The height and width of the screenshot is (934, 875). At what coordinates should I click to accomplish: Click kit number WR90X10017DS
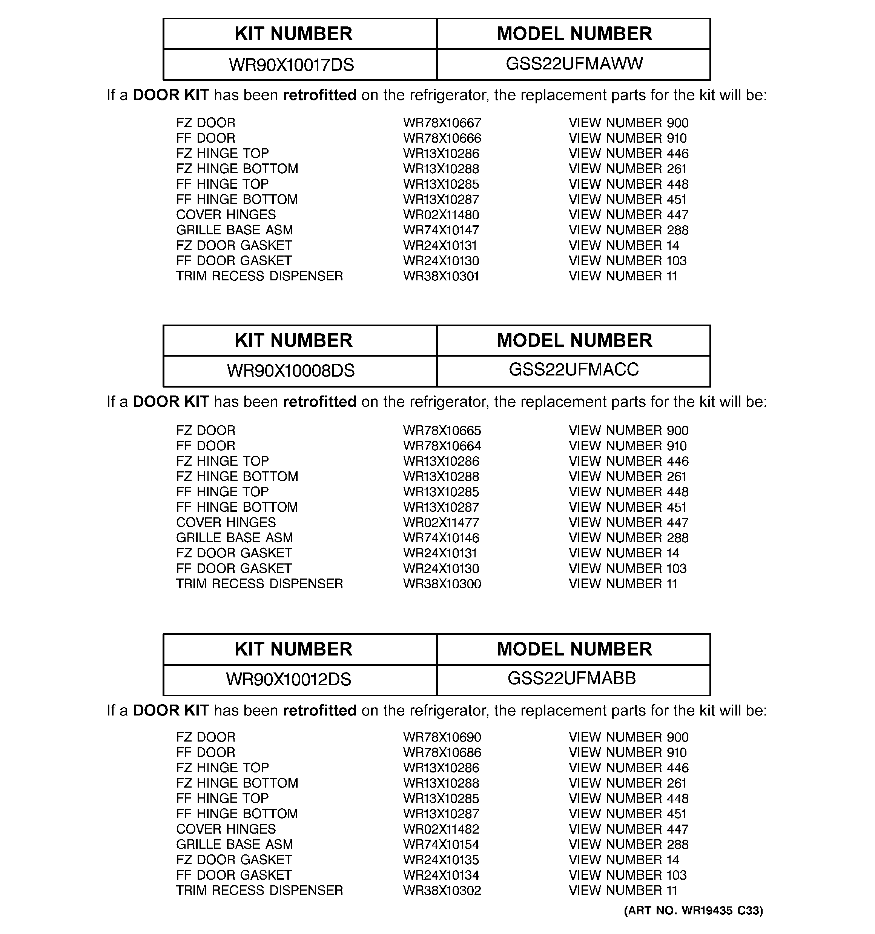[x=291, y=65]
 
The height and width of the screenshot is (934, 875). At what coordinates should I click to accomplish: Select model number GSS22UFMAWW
[x=574, y=63]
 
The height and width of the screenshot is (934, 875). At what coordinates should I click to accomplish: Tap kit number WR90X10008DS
[x=291, y=371]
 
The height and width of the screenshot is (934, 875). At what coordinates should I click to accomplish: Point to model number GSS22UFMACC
[x=574, y=370]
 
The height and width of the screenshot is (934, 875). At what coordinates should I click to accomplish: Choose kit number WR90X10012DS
[x=289, y=679]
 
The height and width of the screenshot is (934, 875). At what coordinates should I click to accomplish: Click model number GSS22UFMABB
[x=572, y=679]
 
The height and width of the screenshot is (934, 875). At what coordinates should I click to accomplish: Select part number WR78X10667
[x=442, y=123]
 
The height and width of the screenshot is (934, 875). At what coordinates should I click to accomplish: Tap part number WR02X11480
[x=441, y=215]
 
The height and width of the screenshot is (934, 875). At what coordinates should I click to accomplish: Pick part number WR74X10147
[x=441, y=230]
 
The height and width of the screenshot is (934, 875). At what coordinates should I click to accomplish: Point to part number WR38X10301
[x=441, y=276]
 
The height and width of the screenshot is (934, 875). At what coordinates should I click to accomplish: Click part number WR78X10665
[x=442, y=431]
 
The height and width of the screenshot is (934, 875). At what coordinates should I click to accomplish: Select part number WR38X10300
[x=442, y=584]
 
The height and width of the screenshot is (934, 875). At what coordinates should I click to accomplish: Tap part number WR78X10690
[x=442, y=738]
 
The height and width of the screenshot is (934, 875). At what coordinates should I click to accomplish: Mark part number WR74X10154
[x=441, y=845]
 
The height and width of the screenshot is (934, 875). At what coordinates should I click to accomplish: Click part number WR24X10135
[x=441, y=860]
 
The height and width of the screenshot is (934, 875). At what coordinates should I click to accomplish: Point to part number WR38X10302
[x=442, y=891]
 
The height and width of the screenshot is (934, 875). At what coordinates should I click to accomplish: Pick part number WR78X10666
[x=442, y=138]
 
